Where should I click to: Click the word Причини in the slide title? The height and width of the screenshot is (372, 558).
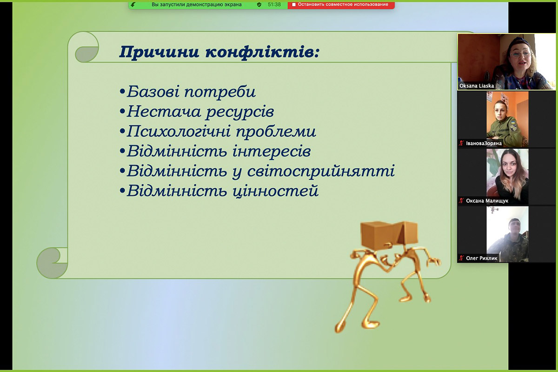(159, 52)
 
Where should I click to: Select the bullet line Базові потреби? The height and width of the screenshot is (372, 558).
(188, 92)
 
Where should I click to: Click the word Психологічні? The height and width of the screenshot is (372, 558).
(179, 132)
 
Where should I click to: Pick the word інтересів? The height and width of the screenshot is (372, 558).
(272, 151)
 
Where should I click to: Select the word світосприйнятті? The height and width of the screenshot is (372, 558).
(321, 171)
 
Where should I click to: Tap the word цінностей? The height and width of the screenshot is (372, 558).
(275, 191)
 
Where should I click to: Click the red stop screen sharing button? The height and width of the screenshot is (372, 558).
(341, 5)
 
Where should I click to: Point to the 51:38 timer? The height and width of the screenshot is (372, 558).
(274, 5)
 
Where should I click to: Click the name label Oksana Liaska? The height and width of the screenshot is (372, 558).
(477, 86)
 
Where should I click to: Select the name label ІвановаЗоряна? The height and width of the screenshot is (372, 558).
(484, 143)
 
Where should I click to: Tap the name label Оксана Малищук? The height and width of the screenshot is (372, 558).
(487, 200)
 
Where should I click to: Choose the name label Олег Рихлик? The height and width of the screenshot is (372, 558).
(482, 258)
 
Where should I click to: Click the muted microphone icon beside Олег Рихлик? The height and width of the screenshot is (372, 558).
(462, 258)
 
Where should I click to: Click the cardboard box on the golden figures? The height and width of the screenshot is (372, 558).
(389, 234)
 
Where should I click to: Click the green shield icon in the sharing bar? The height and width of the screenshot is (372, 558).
(259, 5)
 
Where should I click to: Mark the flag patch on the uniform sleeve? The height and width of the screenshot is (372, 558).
(512, 123)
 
